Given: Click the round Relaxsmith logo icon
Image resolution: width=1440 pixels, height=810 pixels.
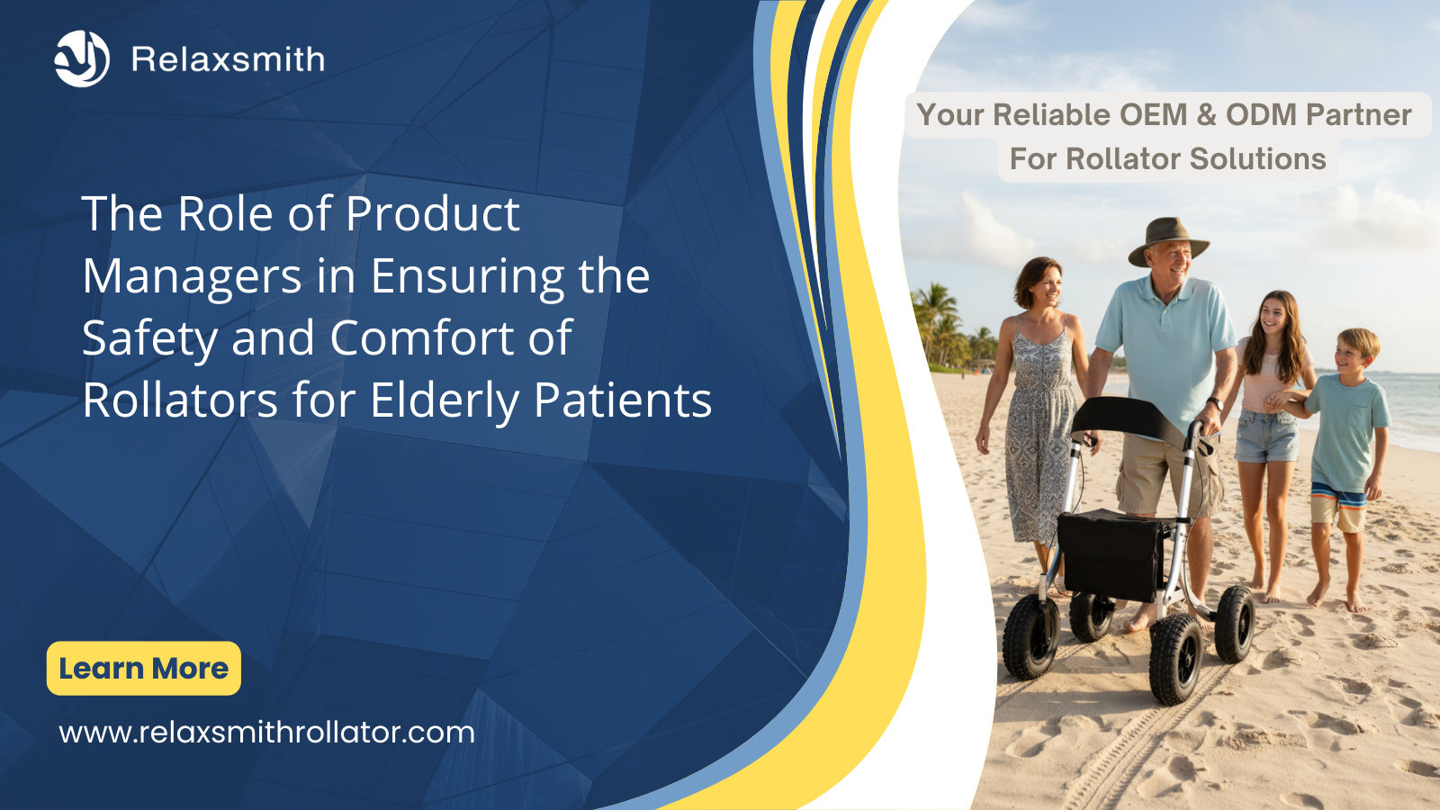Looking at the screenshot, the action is coord(82,58).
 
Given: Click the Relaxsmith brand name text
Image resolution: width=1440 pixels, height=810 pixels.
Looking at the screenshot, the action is coord(229,59).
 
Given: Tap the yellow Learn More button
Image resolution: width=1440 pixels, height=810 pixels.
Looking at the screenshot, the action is coord(144,668).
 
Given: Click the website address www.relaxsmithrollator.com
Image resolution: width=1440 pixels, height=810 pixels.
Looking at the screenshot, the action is coord(266,733).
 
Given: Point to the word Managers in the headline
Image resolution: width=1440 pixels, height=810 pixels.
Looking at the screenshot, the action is coord(193,276).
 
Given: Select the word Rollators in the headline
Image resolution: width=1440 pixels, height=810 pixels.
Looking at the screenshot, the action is coord(180,400).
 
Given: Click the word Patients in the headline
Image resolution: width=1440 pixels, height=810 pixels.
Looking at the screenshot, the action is coord(623,400).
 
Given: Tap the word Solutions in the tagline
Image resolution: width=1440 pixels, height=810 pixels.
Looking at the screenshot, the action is coord(1257,158).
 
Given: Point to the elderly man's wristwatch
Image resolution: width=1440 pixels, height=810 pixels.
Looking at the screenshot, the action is coord(1214,404).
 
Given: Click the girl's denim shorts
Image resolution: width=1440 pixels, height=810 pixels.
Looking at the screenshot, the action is coord(1266,436).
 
